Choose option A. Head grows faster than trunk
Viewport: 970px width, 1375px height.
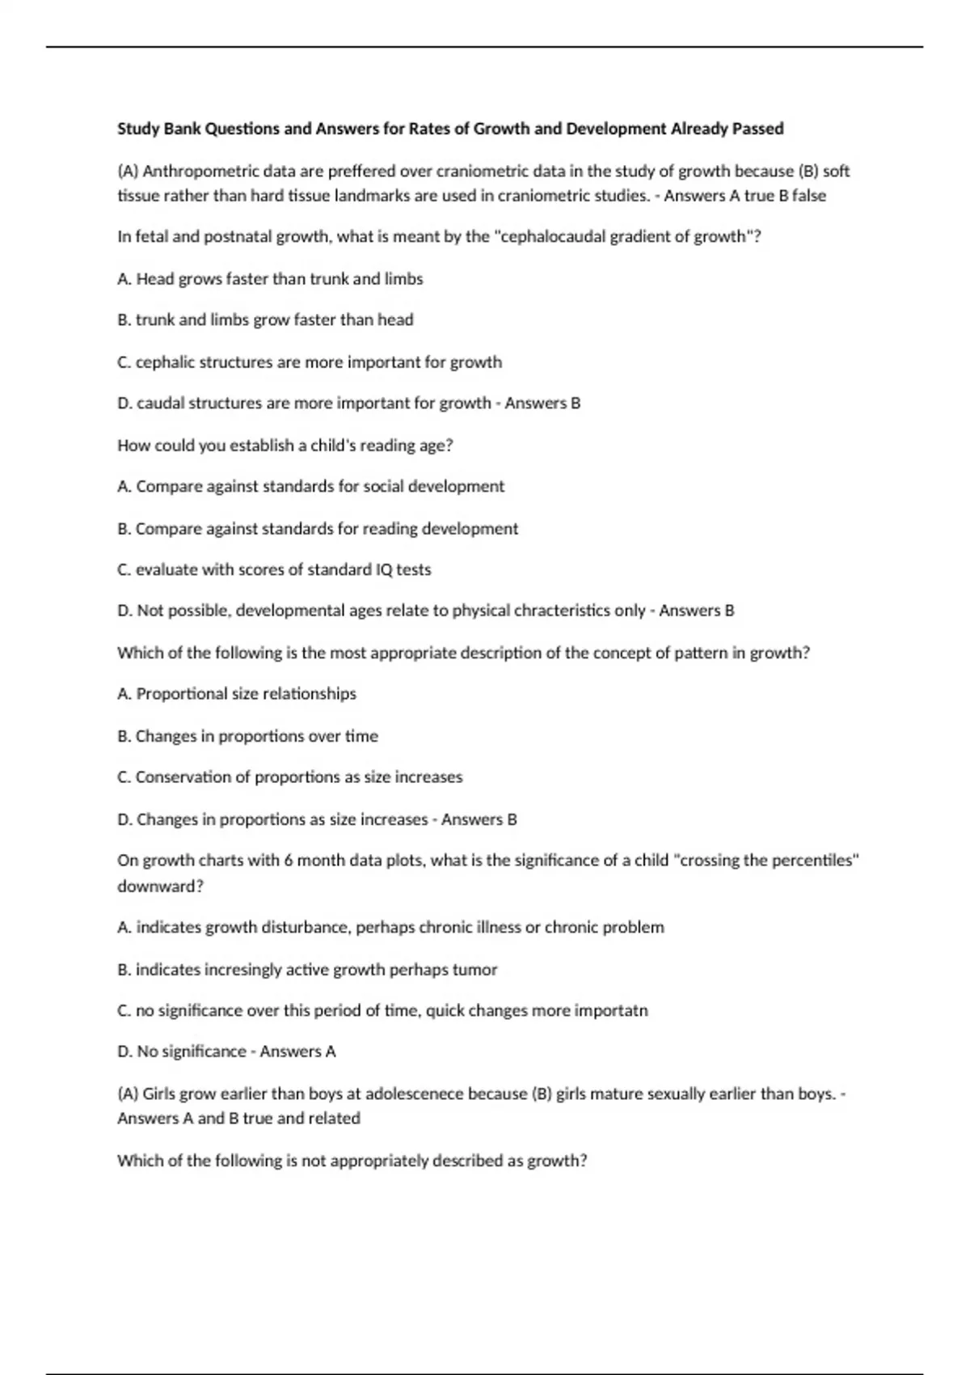tap(270, 279)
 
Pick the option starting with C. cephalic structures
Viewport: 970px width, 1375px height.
tap(310, 362)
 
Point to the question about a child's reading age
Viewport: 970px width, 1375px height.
tap(285, 446)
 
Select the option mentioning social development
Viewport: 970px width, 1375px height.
tap(310, 487)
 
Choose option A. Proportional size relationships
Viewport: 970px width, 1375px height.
tap(237, 694)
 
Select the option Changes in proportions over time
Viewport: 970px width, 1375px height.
tap(247, 736)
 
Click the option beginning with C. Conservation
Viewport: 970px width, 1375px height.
tap(290, 777)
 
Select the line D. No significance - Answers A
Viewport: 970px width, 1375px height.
tap(226, 1051)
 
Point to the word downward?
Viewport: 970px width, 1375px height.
tap(160, 886)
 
